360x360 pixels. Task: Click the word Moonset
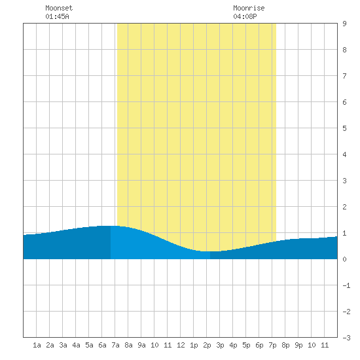coord(59,8)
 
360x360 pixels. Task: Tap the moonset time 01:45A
coord(57,16)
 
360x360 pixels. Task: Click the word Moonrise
coord(249,8)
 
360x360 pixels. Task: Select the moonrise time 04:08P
coord(245,16)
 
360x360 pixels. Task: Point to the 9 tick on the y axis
coord(344,24)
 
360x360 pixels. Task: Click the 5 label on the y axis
coord(344,128)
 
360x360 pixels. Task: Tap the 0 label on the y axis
coord(344,259)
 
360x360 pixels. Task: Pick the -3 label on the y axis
coord(346,338)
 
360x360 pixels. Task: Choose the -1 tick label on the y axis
coord(346,285)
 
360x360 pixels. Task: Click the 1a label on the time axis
coord(37,345)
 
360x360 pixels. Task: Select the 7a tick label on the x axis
coord(115,345)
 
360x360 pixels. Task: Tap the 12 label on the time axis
coord(181,345)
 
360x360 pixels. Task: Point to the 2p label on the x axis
coord(207,345)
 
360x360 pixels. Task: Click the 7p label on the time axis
coord(272,345)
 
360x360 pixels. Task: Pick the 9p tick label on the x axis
coord(298,345)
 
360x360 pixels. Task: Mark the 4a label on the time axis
coord(76,345)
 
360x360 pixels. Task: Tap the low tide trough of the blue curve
coord(210,251)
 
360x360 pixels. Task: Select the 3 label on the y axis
coord(344,181)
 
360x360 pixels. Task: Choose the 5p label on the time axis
coord(246,345)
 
